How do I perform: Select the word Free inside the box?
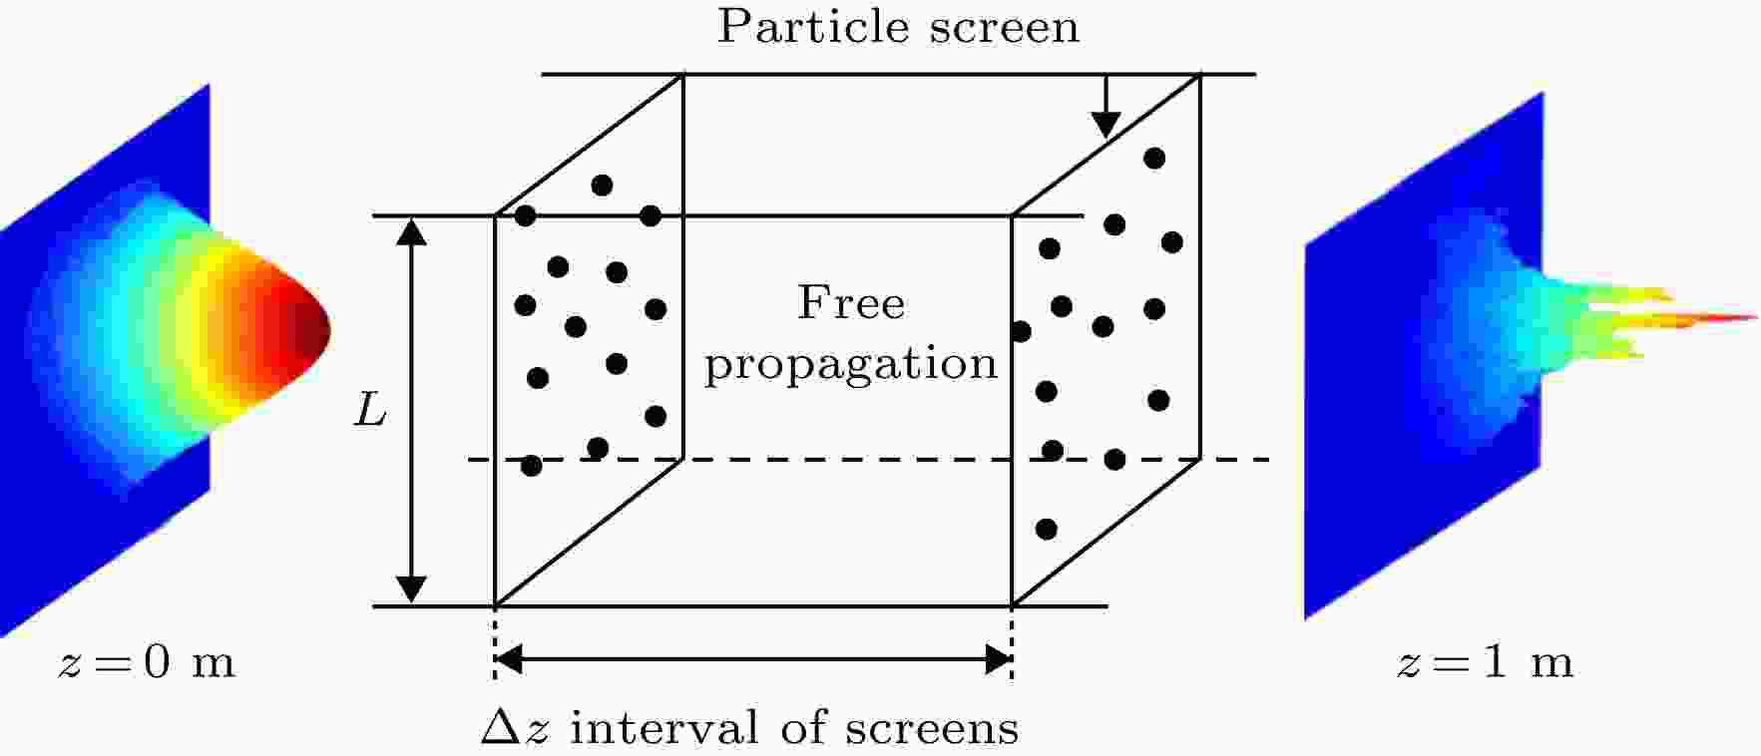point(851,302)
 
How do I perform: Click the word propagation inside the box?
point(851,365)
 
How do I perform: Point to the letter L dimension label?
point(370,410)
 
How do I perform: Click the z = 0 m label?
point(147,663)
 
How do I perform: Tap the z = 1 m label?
point(1485,663)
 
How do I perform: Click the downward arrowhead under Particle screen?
point(1104,124)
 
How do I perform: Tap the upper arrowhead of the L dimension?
point(412,231)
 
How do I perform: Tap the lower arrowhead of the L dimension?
point(412,589)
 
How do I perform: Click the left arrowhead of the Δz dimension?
point(510,659)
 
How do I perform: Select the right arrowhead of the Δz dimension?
point(998,659)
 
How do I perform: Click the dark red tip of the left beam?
point(317,327)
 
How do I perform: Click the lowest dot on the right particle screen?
point(1046,529)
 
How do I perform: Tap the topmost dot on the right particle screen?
point(1154,158)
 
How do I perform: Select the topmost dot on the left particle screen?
point(602,186)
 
